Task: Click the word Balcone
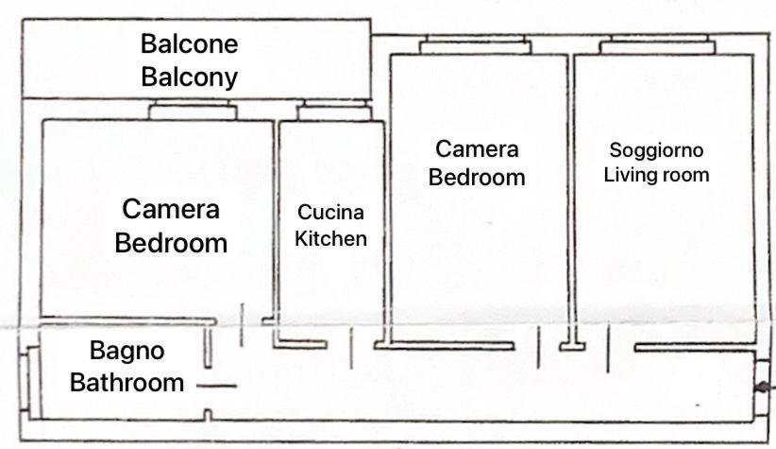(190, 43)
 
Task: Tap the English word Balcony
(190, 78)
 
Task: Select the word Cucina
(330, 212)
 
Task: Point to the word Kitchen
(330, 238)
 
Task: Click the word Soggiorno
(656, 150)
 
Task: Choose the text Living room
(656, 175)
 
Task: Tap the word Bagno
(127, 352)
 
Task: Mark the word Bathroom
(127, 383)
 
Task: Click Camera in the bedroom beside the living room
(477, 149)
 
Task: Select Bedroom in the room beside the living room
(477, 178)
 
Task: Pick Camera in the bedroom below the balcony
(171, 209)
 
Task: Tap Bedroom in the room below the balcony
(171, 243)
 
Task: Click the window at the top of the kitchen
(334, 110)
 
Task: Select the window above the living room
(658, 44)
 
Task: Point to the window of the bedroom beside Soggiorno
(475, 44)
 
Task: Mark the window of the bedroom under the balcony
(193, 110)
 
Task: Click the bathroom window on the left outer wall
(25, 382)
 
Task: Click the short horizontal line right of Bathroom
(216, 386)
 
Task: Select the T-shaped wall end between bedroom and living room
(573, 345)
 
